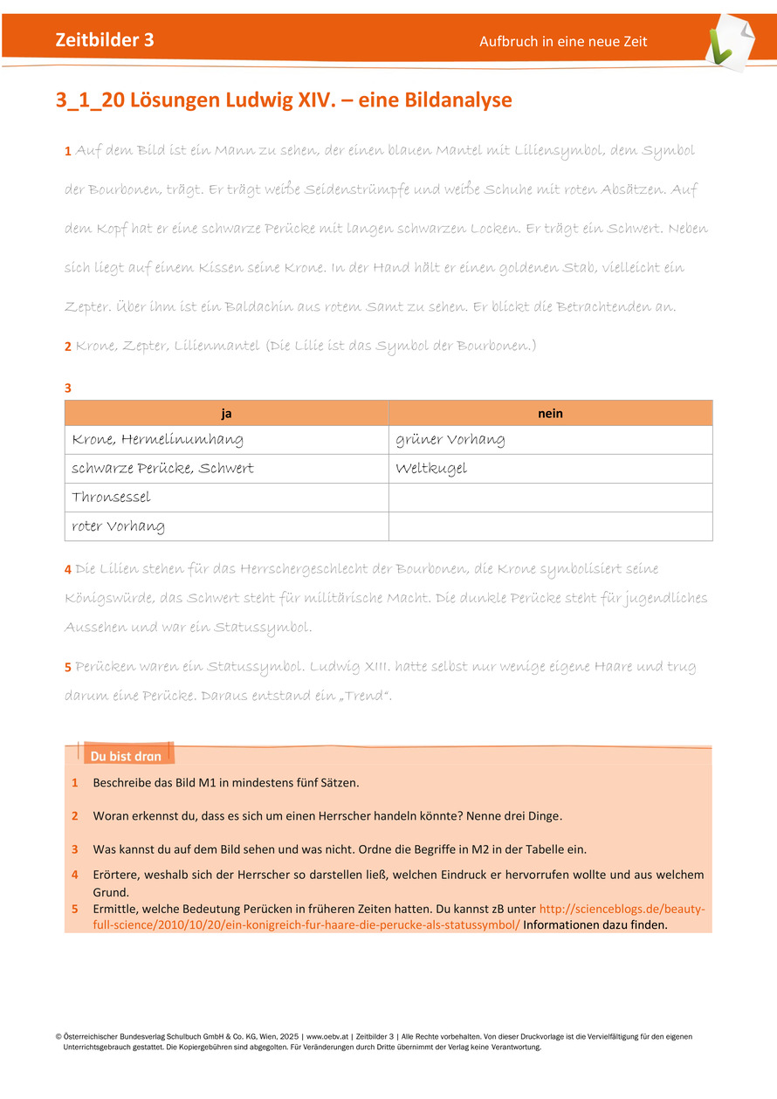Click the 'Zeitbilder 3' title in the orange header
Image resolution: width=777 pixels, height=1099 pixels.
click(105, 40)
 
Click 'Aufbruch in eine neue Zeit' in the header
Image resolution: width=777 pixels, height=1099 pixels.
click(563, 42)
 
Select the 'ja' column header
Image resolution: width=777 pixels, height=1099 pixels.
click(226, 413)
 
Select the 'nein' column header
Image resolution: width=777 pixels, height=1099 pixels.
click(550, 413)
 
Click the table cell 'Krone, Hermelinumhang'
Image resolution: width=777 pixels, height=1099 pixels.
click(157, 440)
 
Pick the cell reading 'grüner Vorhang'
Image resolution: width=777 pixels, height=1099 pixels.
click(450, 440)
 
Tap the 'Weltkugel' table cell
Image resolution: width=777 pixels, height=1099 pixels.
click(431, 469)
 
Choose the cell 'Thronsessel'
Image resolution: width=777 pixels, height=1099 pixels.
click(111, 498)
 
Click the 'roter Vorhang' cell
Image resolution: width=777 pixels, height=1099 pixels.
click(118, 526)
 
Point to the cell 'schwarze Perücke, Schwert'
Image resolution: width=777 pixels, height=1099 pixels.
click(162, 469)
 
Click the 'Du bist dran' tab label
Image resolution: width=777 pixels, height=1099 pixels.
click(126, 756)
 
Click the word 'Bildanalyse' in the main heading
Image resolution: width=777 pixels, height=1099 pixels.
click(458, 100)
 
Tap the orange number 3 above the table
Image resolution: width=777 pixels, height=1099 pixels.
click(68, 387)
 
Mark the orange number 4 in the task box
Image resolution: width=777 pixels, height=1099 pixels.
click(75, 874)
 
